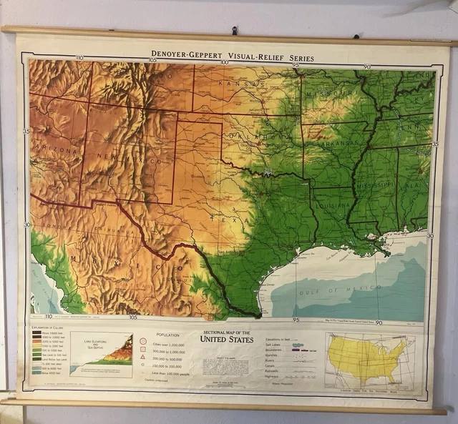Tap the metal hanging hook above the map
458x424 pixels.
[x=234, y=31]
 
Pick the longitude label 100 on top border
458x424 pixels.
[x=224, y=62]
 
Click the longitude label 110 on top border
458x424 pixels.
[x=79, y=58]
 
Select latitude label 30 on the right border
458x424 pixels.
[x=429, y=235]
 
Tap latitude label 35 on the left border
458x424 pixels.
[x=26, y=132]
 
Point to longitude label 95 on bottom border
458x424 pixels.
[x=296, y=320]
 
